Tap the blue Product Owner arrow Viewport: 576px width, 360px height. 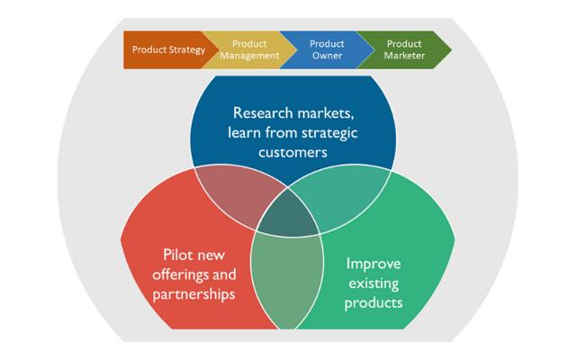[325, 49]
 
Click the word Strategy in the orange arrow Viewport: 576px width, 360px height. [186, 49]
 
